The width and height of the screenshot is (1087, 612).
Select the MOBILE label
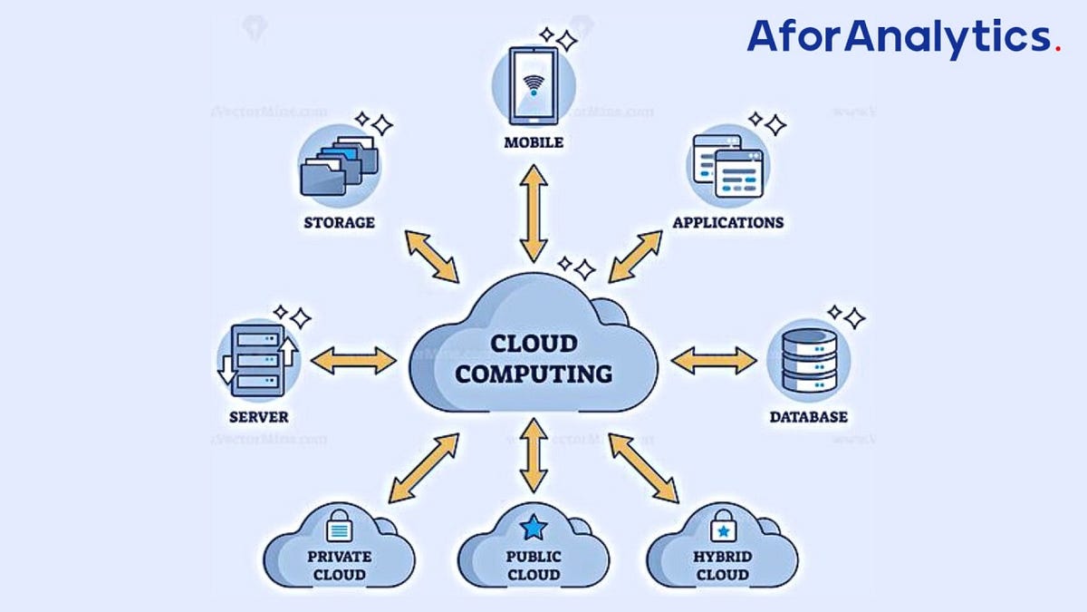(x=534, y=142)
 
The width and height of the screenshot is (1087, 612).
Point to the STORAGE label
(x=340, y=222)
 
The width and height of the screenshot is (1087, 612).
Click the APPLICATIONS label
(x=728, y=222)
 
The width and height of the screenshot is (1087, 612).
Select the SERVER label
(x=259, y=417)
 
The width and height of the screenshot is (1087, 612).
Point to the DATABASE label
(x=809, y=417)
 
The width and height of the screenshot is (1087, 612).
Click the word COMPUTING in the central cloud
(x=534, y=373)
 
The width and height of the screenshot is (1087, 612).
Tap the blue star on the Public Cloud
(x=534, y=526)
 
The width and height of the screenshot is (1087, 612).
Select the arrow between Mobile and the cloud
(x=534, y=214)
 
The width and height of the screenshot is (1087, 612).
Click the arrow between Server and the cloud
(x=353, y=361)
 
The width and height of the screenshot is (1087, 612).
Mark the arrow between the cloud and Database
(x=714, y=361)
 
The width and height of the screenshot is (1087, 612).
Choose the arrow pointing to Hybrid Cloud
(x=643, y=468)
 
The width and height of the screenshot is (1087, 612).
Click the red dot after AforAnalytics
(x=1058, y=49)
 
